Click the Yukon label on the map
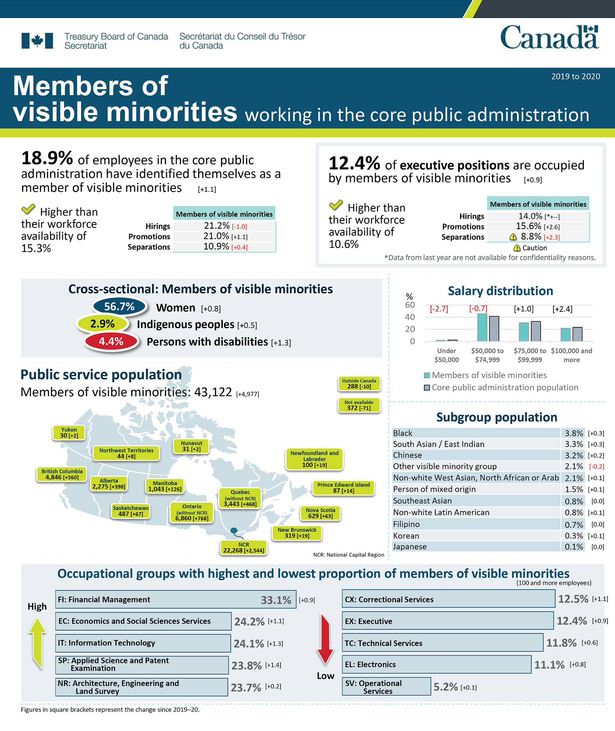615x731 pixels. pyautogui.click(x=69, y=433)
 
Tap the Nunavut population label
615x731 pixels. pyautogui.click(x=191, y=446)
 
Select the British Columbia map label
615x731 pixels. pyautogui.click(x=62, y=474)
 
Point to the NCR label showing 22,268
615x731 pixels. pyautogui.click(x=244, y=548)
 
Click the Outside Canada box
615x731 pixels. pyautogui.click(x=359, y=384)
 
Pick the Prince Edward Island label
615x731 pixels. pyautogui.click(x=344, y=488)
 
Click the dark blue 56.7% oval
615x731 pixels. pyautogui.click(x=119, y=306)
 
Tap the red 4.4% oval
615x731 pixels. pyautogui.click(x=111, y=341)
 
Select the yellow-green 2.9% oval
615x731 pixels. pyautogui.click(x=102, y=324)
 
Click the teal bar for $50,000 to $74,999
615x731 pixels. pyautogui.click(x=482, y=327)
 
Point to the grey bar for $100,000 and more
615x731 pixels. pyautogui.click(x=577, y=334)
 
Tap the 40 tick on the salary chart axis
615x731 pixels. pyautogui.click(x=410, y=317)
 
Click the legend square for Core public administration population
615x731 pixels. pyautogui.click(x=427, y=388)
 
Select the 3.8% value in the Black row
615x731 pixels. pyautogui.click(x=574, y=433)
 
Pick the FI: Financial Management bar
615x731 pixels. pyautogui.click(x=175, y=599)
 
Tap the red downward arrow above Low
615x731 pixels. pyautogui.click(x=326, y=639)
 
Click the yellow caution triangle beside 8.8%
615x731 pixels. pyautogui.click(x=513, y=237)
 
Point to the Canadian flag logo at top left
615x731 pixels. pyautogui.click(x=37, y=41)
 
